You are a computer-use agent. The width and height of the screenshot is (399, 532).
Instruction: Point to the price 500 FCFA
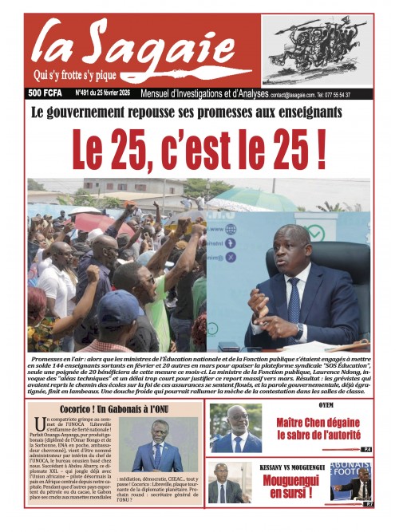point(46,94)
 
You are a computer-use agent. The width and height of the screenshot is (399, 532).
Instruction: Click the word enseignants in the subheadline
point(299,112)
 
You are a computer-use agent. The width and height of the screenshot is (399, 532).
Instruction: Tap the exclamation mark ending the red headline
point(319,149)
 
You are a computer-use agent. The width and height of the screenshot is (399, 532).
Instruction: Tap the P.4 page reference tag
point(366,450)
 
